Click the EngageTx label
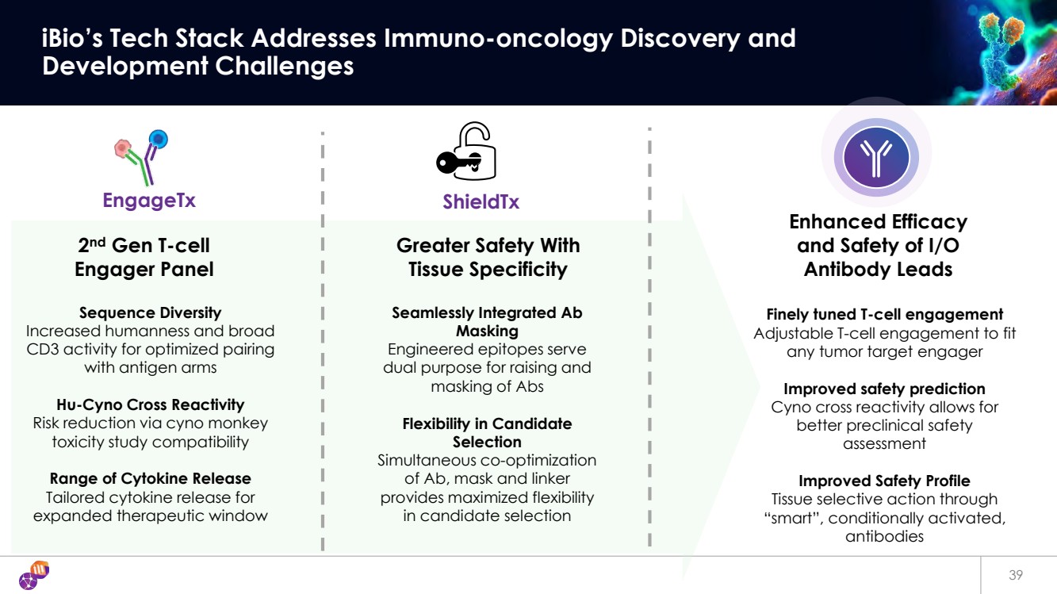click(x=149, y=201)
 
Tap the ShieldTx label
click(x=481, y=201)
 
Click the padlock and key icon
click(x=466, y=152)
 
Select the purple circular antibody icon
click(x=877, y=156)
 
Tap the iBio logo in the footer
click(x=34, y=576)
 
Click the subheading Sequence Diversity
click(x=150, y=312)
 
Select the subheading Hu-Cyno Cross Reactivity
click(x=150, y=405)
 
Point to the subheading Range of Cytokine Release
click(x=150, y=478)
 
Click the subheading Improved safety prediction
click(x=884, y=389)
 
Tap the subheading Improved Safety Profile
click(x=884, y=481)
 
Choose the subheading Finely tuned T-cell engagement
click(x=884, y=314)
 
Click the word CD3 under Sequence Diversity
click(x=44, y=349)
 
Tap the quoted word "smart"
click(x=796, y=518)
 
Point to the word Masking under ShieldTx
click(x=487, y=331)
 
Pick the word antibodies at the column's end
click(x=884, y=536)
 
